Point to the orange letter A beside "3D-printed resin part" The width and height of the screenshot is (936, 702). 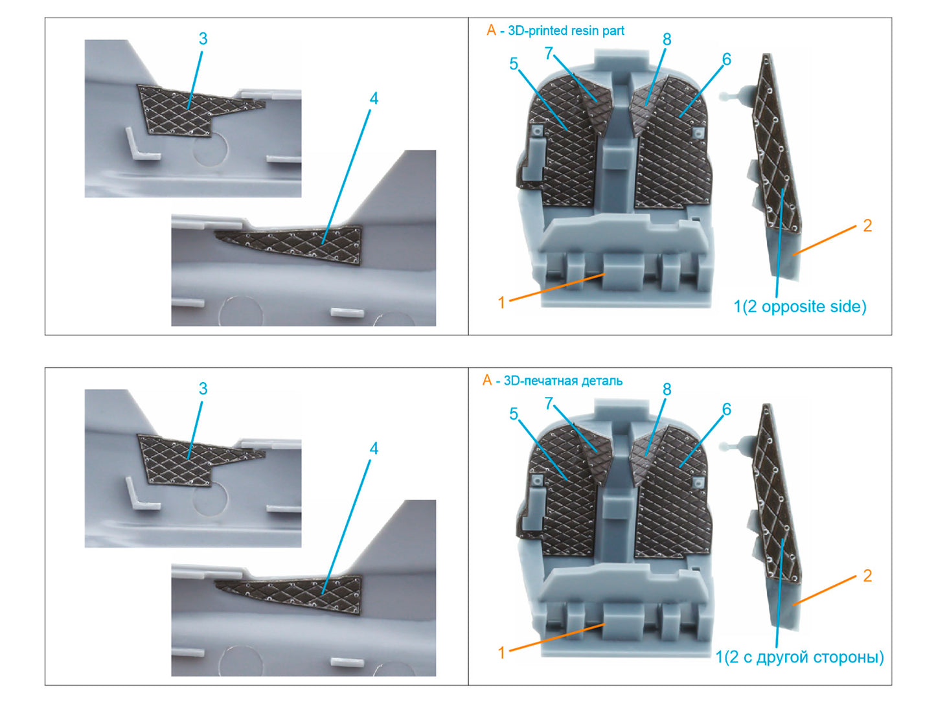tap(491, 30)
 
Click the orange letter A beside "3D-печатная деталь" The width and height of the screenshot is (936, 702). tap(487, 380)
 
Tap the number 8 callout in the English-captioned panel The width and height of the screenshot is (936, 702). tap(667, 40)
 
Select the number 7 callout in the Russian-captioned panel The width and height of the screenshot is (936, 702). tap(549, 403)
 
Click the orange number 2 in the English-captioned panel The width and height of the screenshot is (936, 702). tap(867, 225)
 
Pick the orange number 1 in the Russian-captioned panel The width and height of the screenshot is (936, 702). tap(501, 653)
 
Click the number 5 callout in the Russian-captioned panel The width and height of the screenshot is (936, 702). tap(514, 413)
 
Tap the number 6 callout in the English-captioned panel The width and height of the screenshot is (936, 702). tap(727, 59)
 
